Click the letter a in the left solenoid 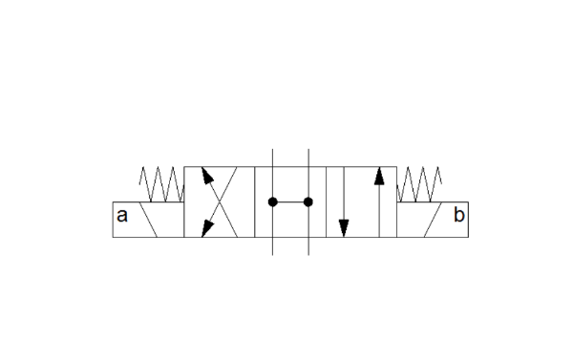(122, 216)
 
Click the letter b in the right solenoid (459, 215)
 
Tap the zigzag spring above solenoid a (161, 184)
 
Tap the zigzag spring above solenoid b (419, 184)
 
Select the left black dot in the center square (272, 201)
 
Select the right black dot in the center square (308, 201)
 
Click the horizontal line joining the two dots (290, 201)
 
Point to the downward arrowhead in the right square (344, 228)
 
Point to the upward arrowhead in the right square (379, 176)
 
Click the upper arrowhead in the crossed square (207, 175)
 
